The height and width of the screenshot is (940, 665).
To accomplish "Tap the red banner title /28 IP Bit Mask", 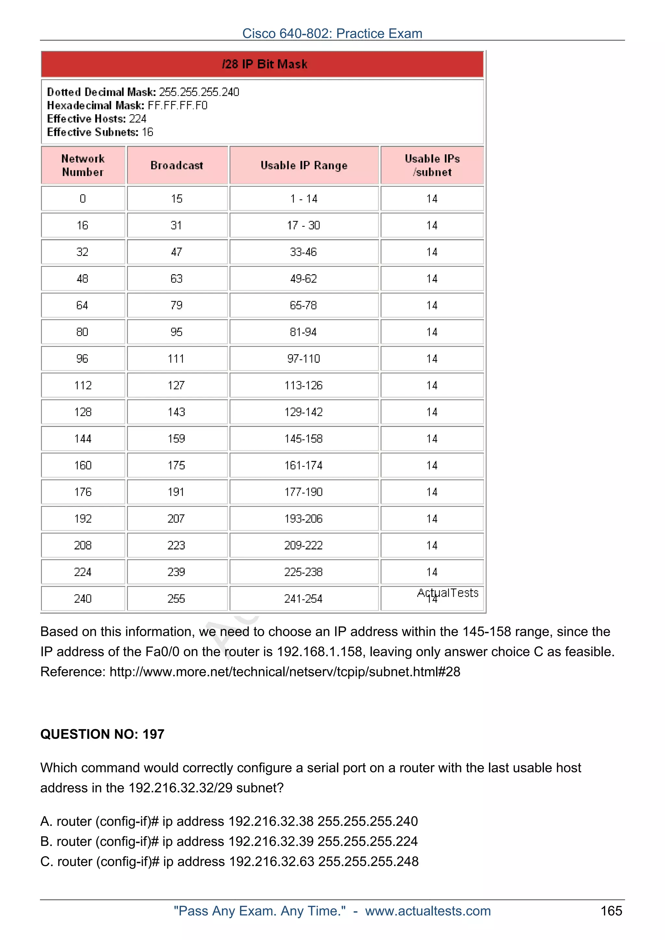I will pos(264,64).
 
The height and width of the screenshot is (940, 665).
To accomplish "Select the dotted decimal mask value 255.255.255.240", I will pos(199,92).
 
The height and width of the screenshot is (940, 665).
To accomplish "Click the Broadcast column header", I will pos(177,165).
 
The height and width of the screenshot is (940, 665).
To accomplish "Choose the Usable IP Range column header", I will pos(304,165).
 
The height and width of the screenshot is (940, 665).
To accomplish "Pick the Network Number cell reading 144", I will pos(83,439).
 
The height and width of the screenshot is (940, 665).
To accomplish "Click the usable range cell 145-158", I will pos(304,439).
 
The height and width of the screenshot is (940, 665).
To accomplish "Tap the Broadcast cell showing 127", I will pos(177,385).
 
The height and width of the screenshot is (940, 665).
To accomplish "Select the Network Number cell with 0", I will pos(83,199).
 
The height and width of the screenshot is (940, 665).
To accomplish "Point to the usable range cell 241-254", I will pos(304,599).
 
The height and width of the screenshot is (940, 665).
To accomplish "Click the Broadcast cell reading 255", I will pos(177,599).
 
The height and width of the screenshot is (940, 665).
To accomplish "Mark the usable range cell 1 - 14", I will pos(304,199).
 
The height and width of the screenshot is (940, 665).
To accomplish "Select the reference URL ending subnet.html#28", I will pos(285,672).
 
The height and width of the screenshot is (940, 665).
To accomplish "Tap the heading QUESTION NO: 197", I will pos(102,734).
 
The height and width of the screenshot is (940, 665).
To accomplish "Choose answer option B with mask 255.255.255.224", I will pos(229,841).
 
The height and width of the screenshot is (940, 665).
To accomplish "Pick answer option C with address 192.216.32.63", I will pos(230,862).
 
